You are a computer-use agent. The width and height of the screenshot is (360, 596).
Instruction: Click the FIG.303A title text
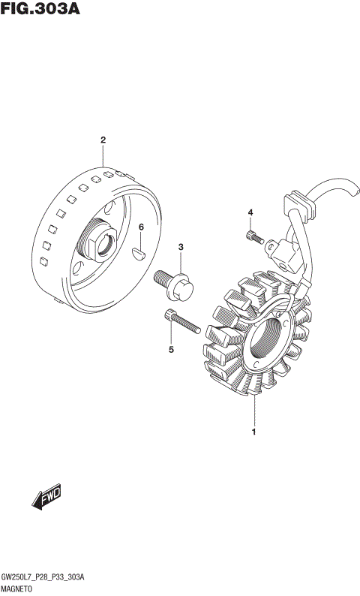(x=40, y=8)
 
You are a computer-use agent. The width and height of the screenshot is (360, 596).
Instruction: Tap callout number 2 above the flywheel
(x=103, y=140)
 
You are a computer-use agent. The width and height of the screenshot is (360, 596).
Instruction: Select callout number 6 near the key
(x=141, y=227)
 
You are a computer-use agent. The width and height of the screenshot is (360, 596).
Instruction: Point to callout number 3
(x=181, y=247)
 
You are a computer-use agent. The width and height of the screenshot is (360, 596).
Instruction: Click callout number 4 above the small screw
(x=250, y=212)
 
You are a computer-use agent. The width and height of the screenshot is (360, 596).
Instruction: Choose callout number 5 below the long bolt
(x=171, y=349)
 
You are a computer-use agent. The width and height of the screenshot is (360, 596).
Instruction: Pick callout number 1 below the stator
(x=253, y=432)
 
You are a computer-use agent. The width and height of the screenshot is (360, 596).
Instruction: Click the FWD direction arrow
(x=46, y=496)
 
